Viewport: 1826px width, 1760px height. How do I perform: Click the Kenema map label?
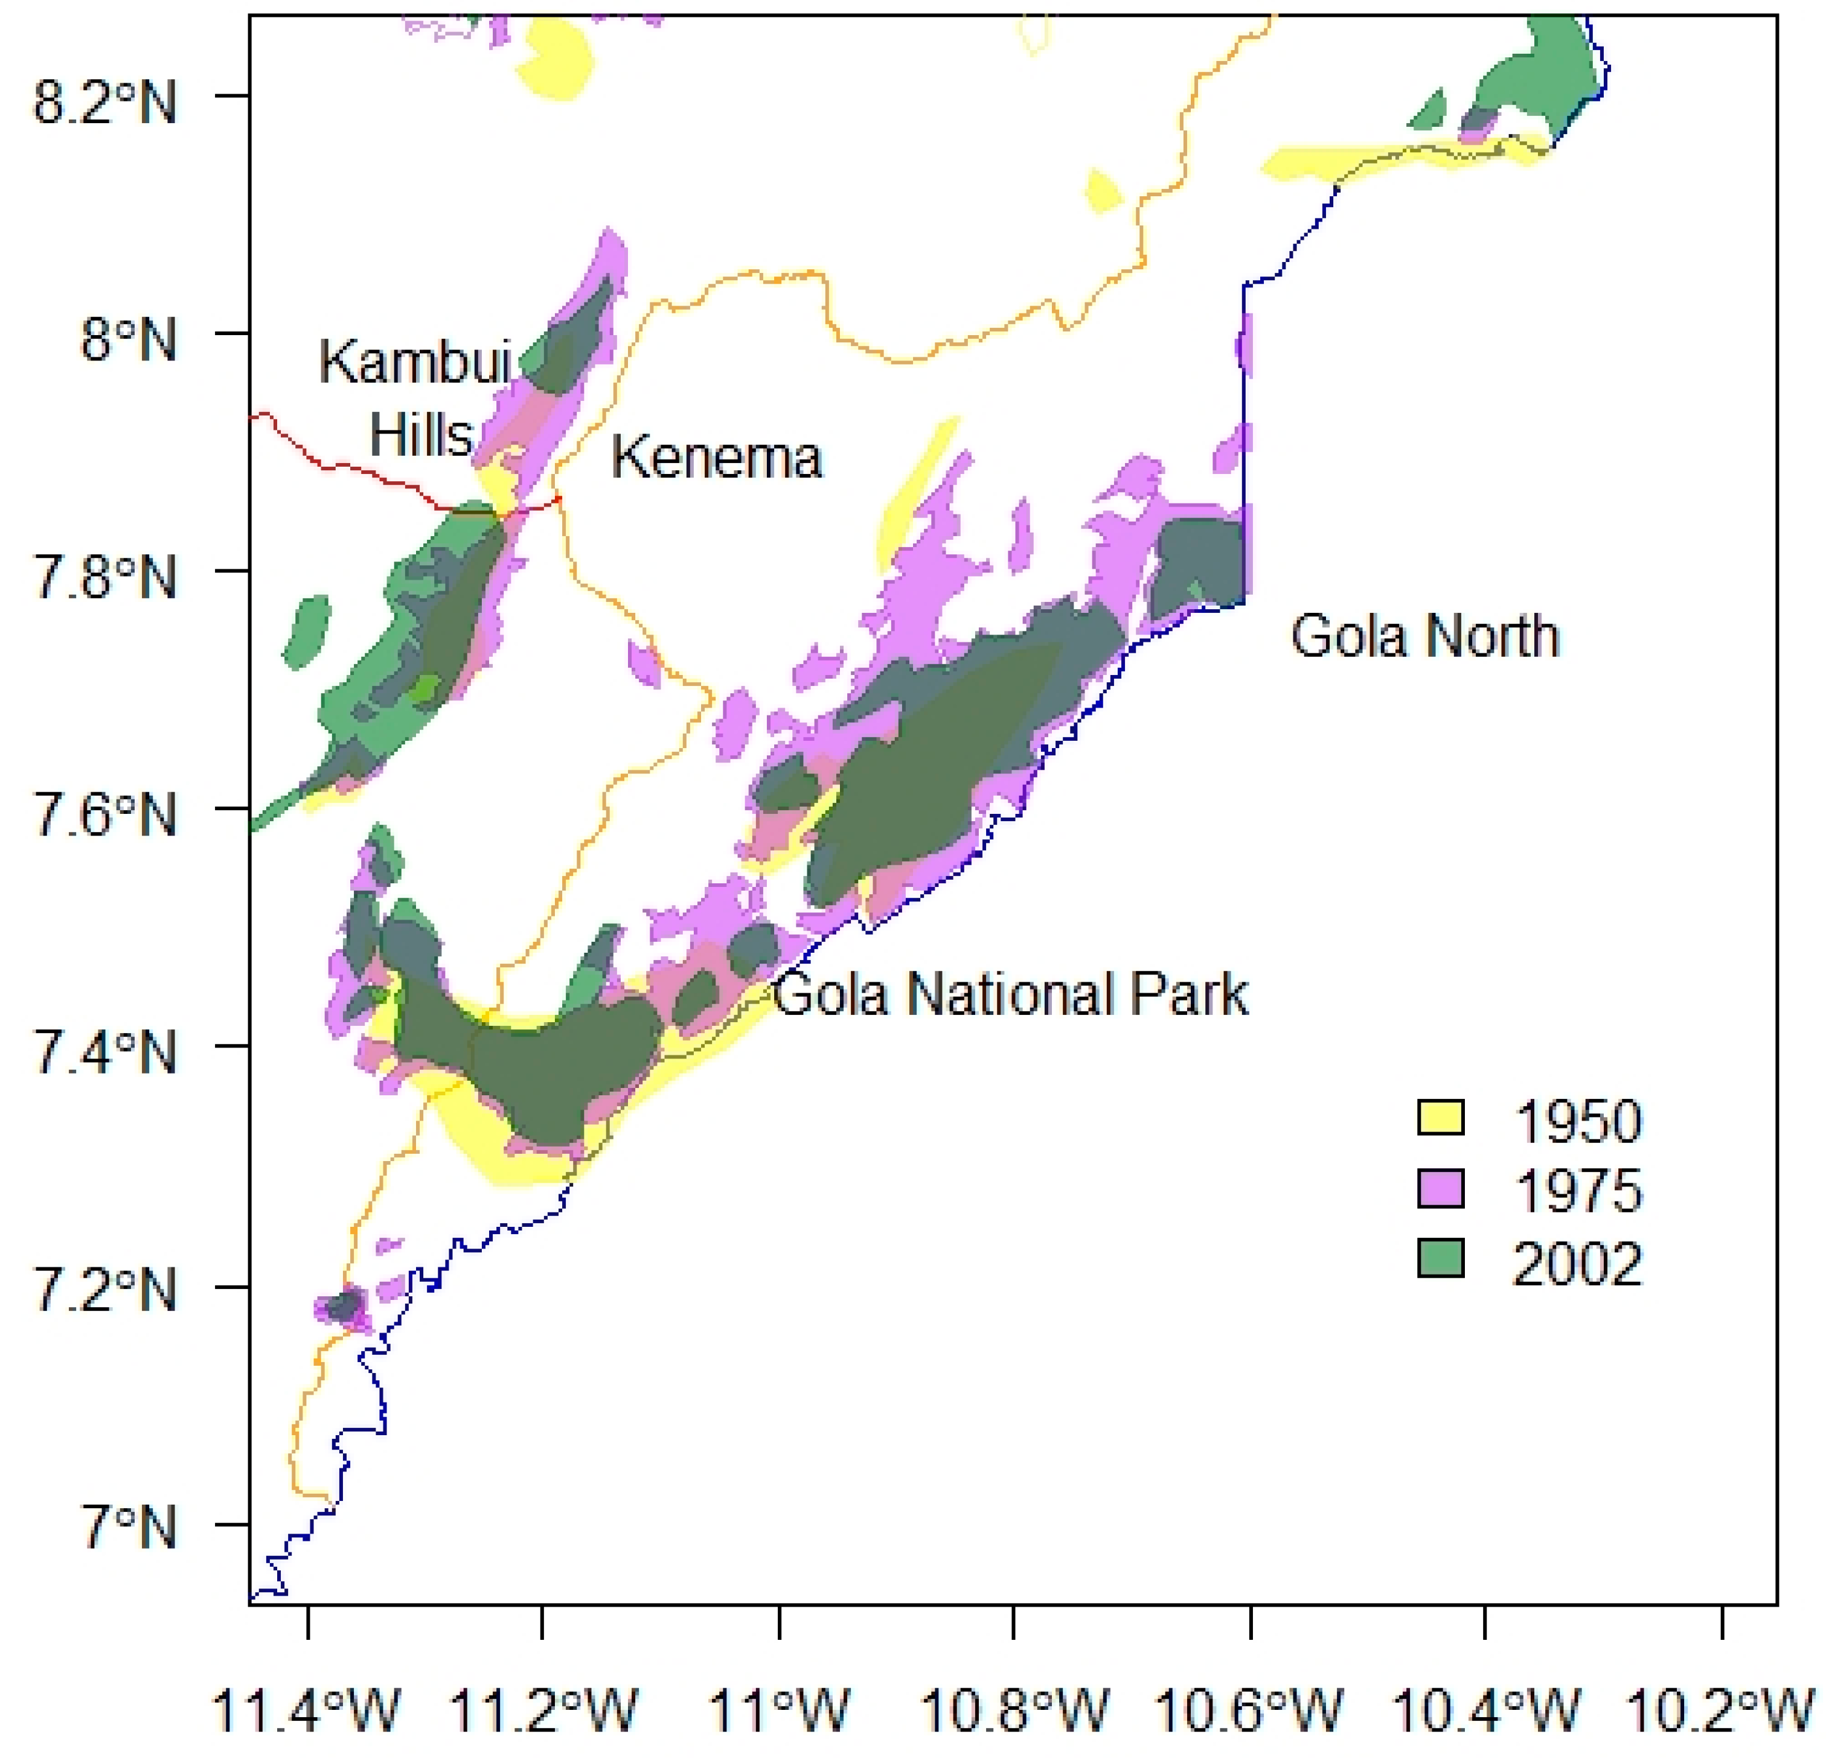click(716, 458)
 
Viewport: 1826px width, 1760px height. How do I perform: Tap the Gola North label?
click(1424, 638)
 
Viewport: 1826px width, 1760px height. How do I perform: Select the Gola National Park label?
click(1011, 994)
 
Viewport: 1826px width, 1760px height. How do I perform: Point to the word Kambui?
click(415, 362)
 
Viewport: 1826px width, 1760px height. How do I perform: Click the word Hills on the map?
click(421, 434)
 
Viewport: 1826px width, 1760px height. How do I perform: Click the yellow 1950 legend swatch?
click(1440, 1117)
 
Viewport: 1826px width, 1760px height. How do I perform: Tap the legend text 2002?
click(1577, 1264)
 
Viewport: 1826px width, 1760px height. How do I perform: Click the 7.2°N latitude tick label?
click(104, 1291)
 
